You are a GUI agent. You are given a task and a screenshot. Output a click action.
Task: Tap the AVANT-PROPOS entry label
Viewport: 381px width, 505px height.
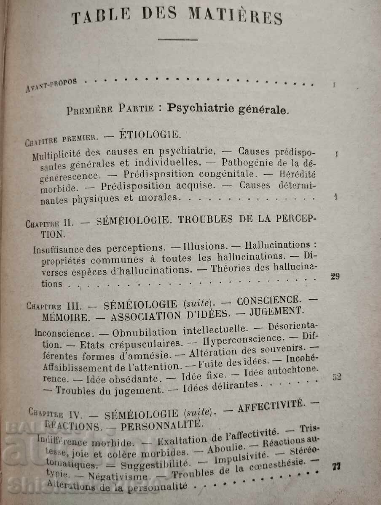coord(51,85)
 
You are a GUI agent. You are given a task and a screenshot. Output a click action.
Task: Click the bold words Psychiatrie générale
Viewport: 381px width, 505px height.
coord(228,109)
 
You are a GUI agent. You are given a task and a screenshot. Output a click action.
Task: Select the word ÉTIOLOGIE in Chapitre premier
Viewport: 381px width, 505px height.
coord(144,136)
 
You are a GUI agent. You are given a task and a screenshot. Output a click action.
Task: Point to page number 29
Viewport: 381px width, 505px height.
coord(335,276)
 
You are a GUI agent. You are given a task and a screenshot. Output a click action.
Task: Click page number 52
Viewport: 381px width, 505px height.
coord(336,377)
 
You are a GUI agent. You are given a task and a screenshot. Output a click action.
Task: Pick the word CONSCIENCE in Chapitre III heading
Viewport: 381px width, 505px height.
coord(269,300)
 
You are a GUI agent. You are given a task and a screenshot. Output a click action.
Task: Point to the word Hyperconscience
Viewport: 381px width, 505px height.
coord(241,339)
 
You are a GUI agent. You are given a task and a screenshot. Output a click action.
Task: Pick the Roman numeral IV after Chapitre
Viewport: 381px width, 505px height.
coord(78,410)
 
